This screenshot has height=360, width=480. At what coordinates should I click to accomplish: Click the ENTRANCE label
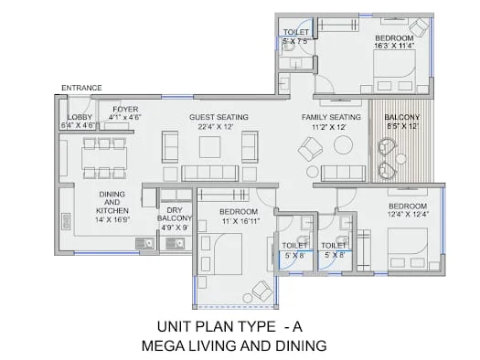pyautogui.click(x=81, y=88)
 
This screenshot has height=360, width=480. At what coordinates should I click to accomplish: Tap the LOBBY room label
pyautogui.click(x=80, y=117)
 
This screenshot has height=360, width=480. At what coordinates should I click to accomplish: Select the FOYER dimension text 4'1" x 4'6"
pyautogui.click(x=125, y=117)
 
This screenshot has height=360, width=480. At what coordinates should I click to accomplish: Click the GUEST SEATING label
pyautogui.click(x=219, y=117)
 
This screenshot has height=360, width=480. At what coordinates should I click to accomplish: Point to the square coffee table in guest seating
pyautogui.click(x=209, y=147)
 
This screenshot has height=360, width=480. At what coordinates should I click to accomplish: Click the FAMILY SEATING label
pyautogui.click(x=331, y=117)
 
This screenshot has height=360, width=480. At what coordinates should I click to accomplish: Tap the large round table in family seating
pyautogui.click(x=343, y=145)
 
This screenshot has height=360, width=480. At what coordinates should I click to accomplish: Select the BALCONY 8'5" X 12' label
pyautogui.click(x=402, y=122)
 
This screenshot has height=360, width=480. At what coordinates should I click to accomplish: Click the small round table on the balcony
pyautogui.click(x=400, y=158)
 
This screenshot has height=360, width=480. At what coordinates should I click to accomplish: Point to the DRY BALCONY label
pyautogui.click(x=175, y=214)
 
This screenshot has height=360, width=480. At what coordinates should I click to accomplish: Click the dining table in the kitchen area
pyautogui.click(x=104, y=157)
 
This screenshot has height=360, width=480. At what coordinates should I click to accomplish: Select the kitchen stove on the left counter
pyautogui.click(x=67, y=221)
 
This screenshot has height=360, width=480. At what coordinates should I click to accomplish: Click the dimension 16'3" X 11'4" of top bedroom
pyautogui.click(x=394, y=46)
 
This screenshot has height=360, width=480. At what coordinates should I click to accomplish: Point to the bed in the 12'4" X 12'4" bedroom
pyautogui.click(x=408, y=249)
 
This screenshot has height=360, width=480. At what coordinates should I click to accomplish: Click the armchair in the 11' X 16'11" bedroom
pyautogui.click(x=262, y=290)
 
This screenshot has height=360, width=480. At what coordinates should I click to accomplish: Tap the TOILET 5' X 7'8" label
pyautogui.click(x=296, y=37)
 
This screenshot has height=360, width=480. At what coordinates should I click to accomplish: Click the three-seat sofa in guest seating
pyautogui.click(x=210, y=174)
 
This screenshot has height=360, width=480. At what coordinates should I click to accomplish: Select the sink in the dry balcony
pyautogui.click(x=176, y=243)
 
